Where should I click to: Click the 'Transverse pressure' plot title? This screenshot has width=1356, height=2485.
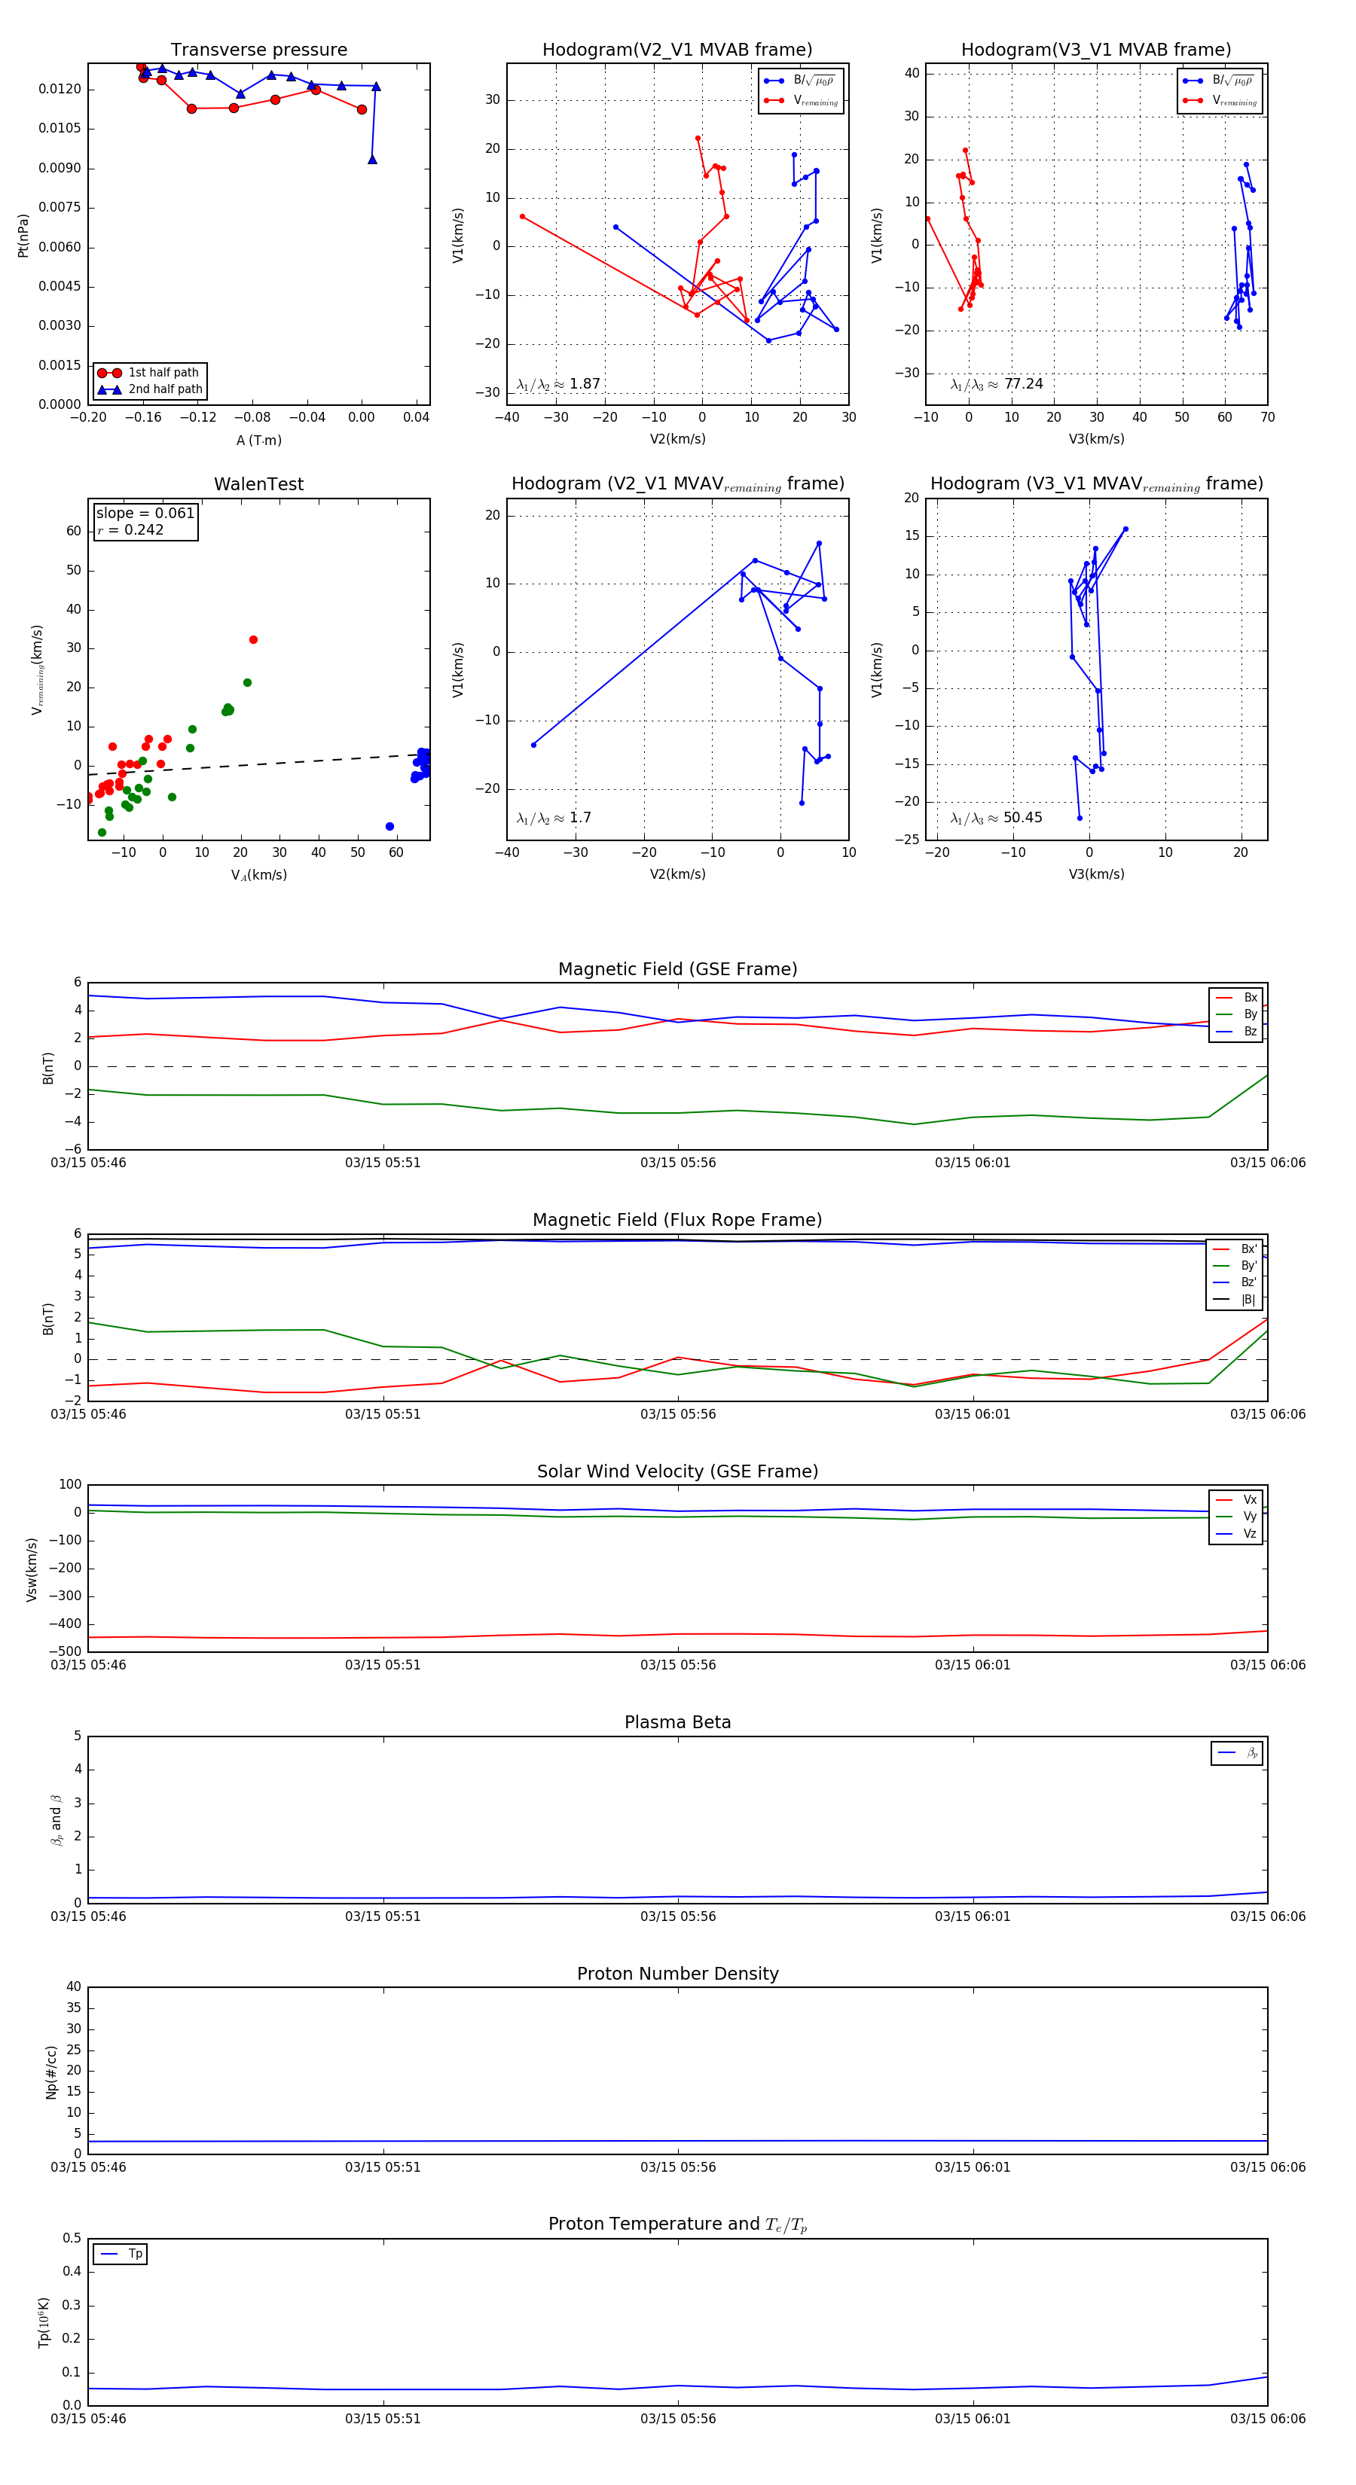pos(258,50)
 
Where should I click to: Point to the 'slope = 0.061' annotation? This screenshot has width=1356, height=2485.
pos(145,514)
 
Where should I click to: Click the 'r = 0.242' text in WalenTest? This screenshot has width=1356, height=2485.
pos(130,529)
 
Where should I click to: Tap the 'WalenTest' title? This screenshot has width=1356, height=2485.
pos(258,484)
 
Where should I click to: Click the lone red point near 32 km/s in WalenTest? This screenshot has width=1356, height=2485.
pos(254,639)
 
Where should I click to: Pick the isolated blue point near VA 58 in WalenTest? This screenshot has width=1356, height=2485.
pos(390,827)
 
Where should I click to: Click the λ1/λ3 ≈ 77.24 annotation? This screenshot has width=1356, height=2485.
pos(996,384)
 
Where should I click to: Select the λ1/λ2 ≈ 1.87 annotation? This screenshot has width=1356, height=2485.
pos(557,384)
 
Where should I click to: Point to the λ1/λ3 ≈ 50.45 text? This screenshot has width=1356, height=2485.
pos(996,818)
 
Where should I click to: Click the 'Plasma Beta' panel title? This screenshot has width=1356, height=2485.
pos(677,1722)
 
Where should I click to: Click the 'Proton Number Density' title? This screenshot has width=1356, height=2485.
pos(677,1973)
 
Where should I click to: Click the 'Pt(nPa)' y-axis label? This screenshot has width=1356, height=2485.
pos(23,236)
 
